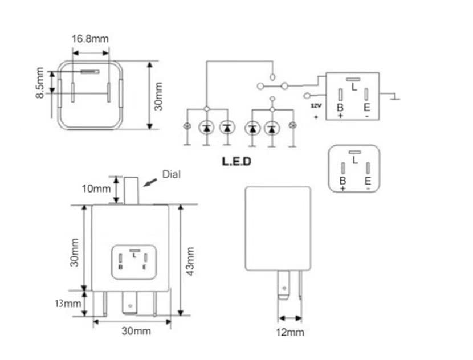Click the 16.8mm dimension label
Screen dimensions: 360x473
pos(90,39)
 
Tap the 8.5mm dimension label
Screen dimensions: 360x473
pos(40,84)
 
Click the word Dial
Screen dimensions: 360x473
pos(172,174)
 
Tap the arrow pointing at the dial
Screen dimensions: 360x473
pos(151,182)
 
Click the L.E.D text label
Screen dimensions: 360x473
pos(237,161)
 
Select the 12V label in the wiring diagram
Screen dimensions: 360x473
pos(315,106)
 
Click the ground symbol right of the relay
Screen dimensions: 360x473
pos(395,98)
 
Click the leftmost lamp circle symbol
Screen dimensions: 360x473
pos(186,126)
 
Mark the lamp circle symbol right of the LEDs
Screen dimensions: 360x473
pos(293,126)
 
